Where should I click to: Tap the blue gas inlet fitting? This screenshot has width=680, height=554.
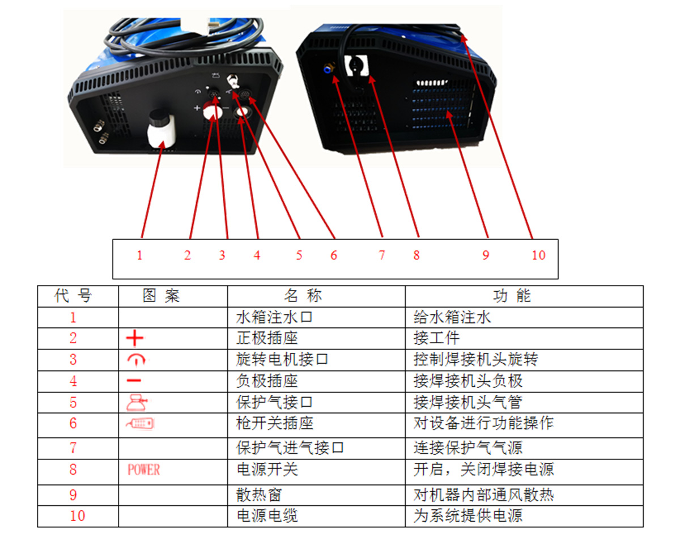click(x=327, y=68)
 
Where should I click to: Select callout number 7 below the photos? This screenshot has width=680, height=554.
click(x=382, y=255)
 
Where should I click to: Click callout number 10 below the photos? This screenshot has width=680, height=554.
click(x=538, y=255)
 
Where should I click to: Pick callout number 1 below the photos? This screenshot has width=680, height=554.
click(x=139, y=255)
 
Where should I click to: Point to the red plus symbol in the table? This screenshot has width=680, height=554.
click(x=135, y=339)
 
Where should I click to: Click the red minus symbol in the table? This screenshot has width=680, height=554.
click(x=135, y=381)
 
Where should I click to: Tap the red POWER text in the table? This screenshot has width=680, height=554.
click(x=143, y=470)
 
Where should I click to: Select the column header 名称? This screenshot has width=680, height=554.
click(x=303, y=296)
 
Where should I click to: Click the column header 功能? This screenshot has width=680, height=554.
click(x=512, y=296)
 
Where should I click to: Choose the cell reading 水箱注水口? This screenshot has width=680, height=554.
click(x=274, y=317)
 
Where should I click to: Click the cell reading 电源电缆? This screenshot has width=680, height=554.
click(x=266, y=516)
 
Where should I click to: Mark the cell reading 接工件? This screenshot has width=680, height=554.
click(x=436, y=339)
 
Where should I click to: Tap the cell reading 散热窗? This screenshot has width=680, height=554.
click(x=259, y=495)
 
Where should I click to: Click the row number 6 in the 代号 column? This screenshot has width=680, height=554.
click(x=73, y=424)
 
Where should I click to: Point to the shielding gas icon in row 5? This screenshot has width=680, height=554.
click(x=138, y=402)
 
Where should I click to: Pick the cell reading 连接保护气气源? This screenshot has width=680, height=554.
click(x=468, y=448)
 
